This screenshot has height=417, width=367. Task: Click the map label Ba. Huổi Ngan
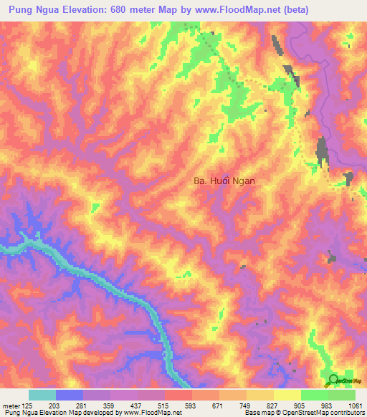coord(224,182)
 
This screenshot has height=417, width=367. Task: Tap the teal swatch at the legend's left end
coord(42,395)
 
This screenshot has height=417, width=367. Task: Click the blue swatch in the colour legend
coord(70,395)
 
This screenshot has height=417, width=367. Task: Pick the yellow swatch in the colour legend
coord(287,395)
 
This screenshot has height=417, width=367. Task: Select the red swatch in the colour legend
coord(178,395)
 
